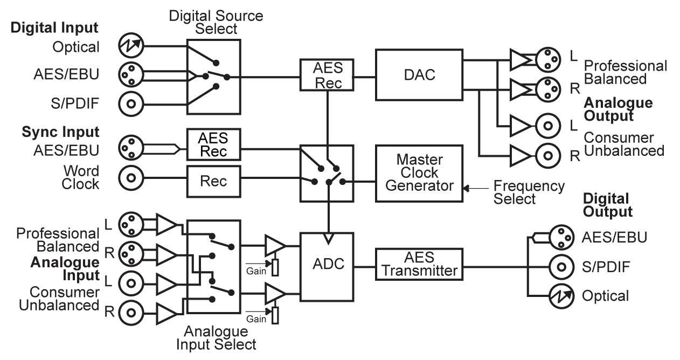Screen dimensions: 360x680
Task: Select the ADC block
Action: pyautogui.click(x=327, y=266)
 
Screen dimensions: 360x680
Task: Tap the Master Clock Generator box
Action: pyautogui.click(x=419, y=173)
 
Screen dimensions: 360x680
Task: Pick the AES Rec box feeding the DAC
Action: pyautogui.click(x=327, y=75)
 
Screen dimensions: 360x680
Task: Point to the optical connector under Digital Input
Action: pyautogui.click(x=129, y=47)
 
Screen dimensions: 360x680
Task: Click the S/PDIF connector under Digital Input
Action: pyautogui.click(x=129, y=102)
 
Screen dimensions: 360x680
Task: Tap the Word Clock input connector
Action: pyautogui.click(x=129, y=177)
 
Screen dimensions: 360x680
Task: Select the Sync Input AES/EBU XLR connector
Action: pyautogui.click(x=129, y=148)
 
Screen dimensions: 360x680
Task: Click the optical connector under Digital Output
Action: pyautogui.click(x=561, y=295)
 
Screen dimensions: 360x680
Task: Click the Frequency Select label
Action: pyautogui.click(x=529, y=192)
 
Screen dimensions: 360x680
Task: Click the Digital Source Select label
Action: pyautogui.click(x=216, y=22)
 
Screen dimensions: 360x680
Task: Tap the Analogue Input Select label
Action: pyautogui.click(x=216, y=337)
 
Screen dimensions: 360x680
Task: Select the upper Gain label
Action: pyautogui.click(x=256, y=271)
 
